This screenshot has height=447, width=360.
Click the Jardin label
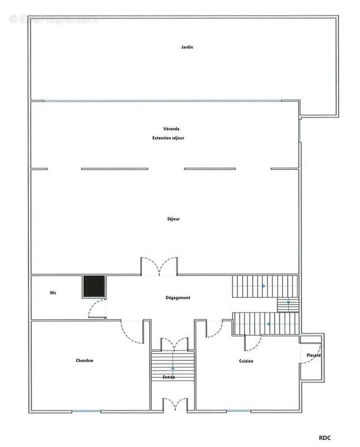tap(186, 47)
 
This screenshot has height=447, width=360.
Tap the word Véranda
tap(164, 129)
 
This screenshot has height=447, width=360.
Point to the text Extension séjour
tap(164, 137)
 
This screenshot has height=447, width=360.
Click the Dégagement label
tap(178, 298)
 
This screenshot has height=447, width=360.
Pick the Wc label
tap(52, 293)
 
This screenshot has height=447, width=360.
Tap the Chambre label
tap(84, 361)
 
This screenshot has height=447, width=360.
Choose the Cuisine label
tap(246, 361)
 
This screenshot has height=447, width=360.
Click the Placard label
tap(312, 355)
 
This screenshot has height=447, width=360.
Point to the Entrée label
tap(169, 378)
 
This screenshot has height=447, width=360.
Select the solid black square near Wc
tap(93, 287)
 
